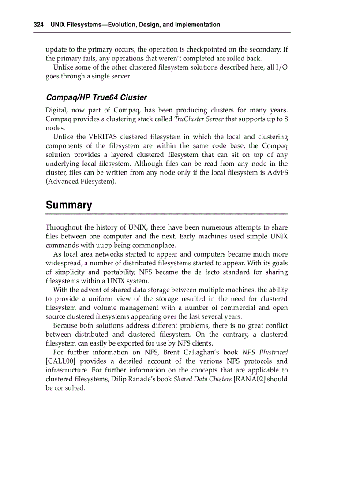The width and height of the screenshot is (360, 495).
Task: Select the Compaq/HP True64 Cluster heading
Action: click(96, 97)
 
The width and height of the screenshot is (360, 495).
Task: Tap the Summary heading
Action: click(69, 205)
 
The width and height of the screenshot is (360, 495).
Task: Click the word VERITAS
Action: click(103, 137)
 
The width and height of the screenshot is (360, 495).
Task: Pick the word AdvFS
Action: click(277, 172)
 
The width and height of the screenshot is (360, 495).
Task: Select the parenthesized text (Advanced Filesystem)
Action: click(81, 181)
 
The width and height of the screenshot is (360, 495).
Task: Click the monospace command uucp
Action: click(104, 246)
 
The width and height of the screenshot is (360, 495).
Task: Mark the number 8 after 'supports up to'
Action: click(286, 119)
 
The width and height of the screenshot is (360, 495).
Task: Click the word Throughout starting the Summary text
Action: click(64, 227)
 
